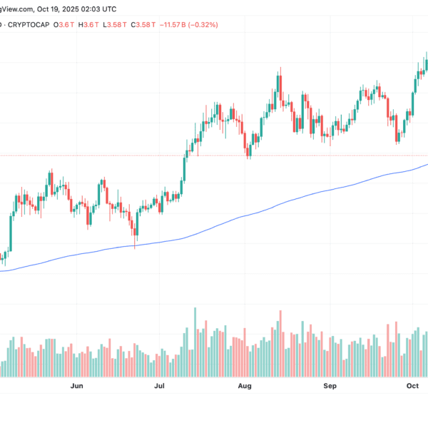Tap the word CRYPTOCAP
click(x=34, y=24)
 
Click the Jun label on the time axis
click(x=78, y=385)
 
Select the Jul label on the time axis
click(x=159, y=385)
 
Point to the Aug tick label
click(x=245, y=385)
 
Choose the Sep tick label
click(x=330, y=385)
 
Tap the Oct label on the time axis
click(x=412, y=385)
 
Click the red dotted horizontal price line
click(x=107, y=155)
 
